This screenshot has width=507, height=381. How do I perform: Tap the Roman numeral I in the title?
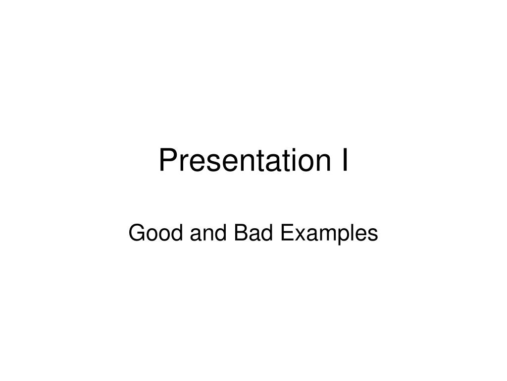[344, 161]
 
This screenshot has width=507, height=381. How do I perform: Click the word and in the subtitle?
[200, 233]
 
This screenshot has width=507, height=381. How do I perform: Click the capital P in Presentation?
[167, 161]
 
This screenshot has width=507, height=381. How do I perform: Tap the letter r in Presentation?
[182, 163]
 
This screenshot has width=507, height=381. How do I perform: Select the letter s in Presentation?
[208, 163]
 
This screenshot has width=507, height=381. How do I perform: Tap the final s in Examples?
[372, 235]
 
